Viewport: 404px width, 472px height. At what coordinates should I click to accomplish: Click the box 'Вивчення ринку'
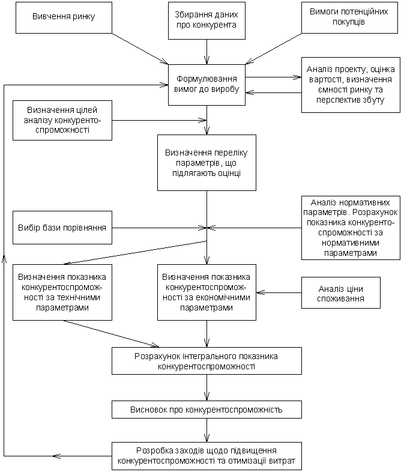click(x=64, y=18)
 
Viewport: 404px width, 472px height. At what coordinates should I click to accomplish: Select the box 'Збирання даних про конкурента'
click(x=207, y=21)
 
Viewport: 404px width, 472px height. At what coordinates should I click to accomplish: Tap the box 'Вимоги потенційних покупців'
click(x=349, y=18)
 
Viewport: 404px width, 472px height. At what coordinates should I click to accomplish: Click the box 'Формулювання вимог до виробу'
click(x=207, y=85)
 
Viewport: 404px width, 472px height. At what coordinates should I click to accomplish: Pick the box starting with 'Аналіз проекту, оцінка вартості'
click(x=351, y=85)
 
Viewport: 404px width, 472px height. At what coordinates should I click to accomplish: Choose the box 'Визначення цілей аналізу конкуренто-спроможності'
click(x=62, y=121)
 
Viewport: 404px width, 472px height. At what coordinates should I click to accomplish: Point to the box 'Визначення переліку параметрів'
click(x=207, y=163)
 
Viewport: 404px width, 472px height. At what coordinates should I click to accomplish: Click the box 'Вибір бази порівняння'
click(x=62, y=228)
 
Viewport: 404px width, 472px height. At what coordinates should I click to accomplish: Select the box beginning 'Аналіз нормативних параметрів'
click(x=351, y=228)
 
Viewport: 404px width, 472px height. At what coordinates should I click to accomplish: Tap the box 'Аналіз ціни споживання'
click(x=341, y=293)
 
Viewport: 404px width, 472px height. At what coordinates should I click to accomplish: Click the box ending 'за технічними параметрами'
click(x=62, y=292)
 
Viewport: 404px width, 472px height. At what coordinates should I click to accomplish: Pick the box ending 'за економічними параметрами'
click(x=207, y=292)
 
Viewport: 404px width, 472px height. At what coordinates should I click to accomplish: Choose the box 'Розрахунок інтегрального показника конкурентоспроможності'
click(x=207, y=361)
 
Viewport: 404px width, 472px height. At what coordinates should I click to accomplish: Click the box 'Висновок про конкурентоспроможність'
click(x=207, y=410)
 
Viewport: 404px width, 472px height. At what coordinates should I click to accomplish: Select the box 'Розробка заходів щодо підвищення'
click(x=207, y=456)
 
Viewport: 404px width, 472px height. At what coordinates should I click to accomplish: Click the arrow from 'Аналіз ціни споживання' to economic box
click(x=279, y=292)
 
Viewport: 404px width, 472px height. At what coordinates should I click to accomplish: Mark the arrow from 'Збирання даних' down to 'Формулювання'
click(x=207, y=52)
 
